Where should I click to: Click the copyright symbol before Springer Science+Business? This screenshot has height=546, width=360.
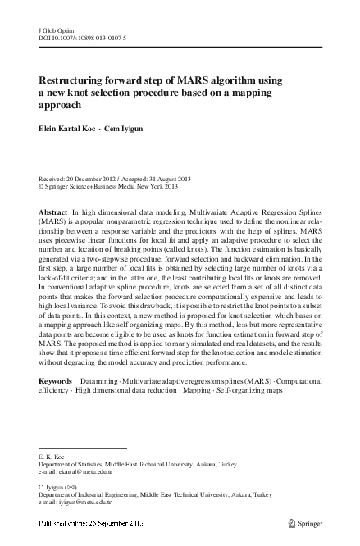[x=42, y=186]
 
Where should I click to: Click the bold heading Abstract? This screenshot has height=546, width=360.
[x=53, y=212]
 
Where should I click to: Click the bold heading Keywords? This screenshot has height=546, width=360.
[x=56, y=382]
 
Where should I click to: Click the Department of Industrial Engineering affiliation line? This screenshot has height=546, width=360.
[x=156, y=495]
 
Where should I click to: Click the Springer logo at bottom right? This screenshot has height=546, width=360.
[x=306, y=521]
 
